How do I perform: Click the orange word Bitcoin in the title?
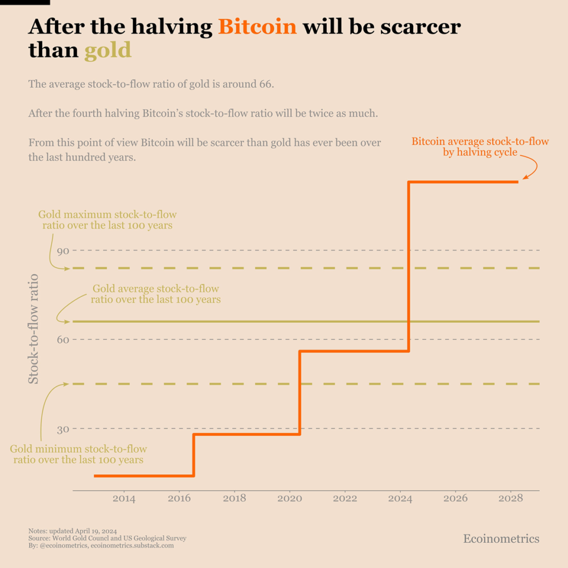click(257, 26)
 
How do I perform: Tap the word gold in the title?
click(108, 50)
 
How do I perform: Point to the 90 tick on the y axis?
click(63, 251)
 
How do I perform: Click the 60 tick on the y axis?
click(63, 339)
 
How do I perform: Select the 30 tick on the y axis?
click(63, 429)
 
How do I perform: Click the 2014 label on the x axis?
click(124, 499)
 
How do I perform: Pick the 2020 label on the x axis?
click(290, 499)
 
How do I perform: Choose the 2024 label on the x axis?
click(400, 499)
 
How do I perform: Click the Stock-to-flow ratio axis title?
click(34, 328)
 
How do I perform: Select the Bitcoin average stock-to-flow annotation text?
click(480, 146)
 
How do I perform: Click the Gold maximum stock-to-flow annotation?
click(108, 220)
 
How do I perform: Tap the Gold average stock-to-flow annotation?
click(155, 294)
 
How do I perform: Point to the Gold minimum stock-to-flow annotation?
click(78, 454)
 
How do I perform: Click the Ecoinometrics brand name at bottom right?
click(501, 539)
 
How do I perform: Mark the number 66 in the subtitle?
click(266, 85)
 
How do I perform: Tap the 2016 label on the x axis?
click(179, 499)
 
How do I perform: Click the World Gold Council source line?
click(107, 538)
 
